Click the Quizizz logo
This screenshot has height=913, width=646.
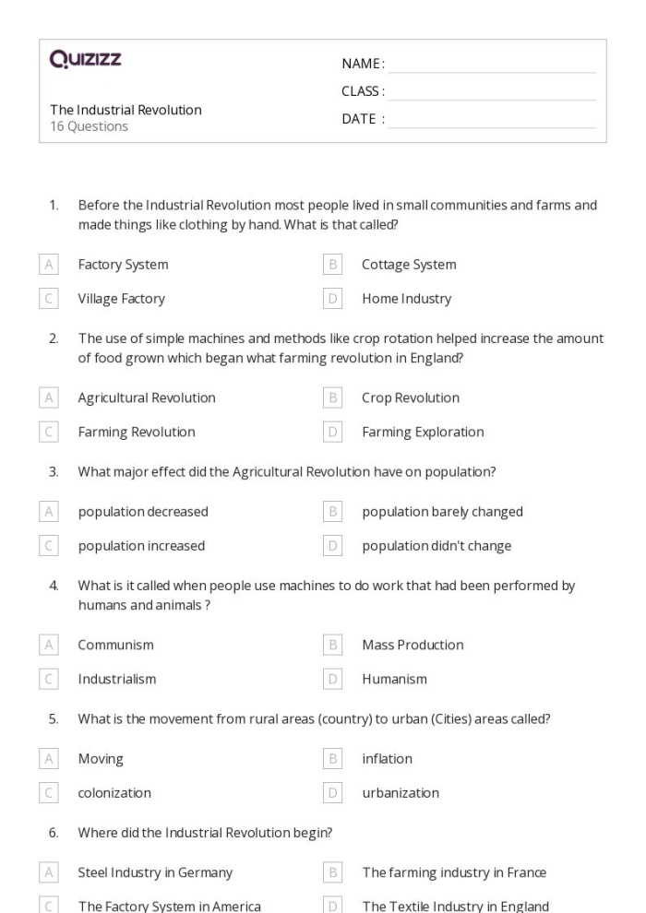point(86,62)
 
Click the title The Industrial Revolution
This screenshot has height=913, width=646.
point(126,110)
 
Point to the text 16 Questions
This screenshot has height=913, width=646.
point(89,127)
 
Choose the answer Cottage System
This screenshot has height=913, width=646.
point(409,265)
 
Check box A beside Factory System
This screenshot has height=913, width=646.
point(49,265)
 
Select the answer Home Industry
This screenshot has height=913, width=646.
point(406,299)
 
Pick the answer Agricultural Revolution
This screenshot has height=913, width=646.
point(147,398)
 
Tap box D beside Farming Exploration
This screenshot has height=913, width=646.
point(333,432)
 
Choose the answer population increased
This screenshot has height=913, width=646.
point(141,546)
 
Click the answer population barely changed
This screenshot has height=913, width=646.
point(442,512)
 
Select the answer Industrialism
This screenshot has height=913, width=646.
point(117,679)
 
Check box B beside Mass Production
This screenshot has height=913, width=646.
point(333,645)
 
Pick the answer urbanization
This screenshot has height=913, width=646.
point(401,793)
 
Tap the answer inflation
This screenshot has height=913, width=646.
point(387,759)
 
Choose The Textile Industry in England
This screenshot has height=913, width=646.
point(456,907)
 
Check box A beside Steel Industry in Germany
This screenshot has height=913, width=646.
point(49,872)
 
